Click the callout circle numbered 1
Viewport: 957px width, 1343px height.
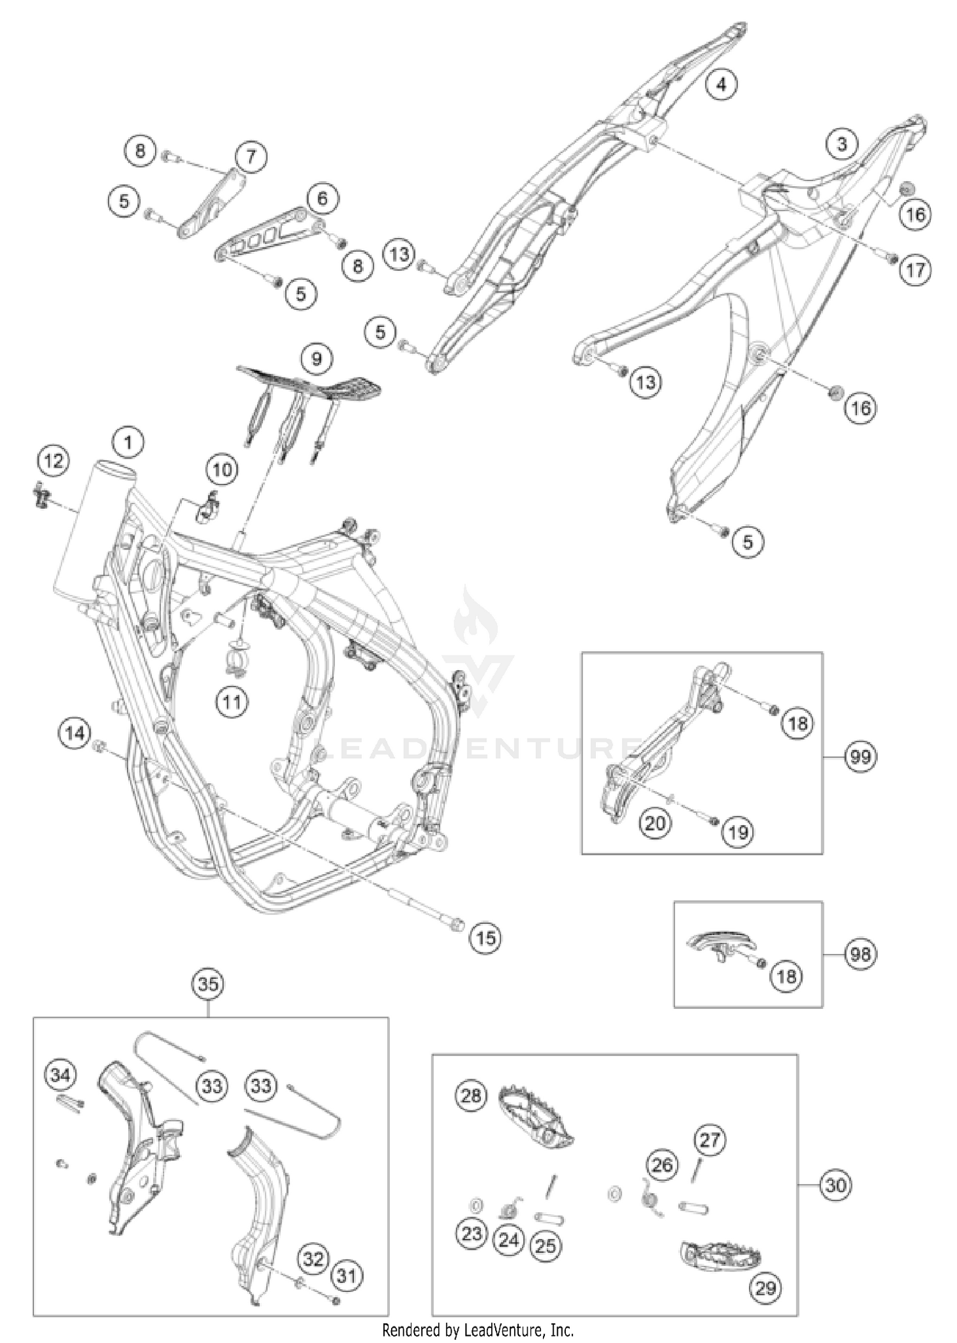coord(128,442)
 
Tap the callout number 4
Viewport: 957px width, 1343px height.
coord(721,84)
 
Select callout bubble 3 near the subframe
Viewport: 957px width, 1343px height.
coord(842,144)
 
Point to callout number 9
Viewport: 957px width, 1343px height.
coord(316,360)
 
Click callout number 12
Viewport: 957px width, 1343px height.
coord(54,460)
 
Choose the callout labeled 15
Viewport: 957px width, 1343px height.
coord(486,937)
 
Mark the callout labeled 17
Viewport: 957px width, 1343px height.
coord(916,270)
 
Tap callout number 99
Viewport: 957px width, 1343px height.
coord(861,757)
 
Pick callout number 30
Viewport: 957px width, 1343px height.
coord(835,1185)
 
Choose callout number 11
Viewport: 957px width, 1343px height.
coord(232,702)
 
